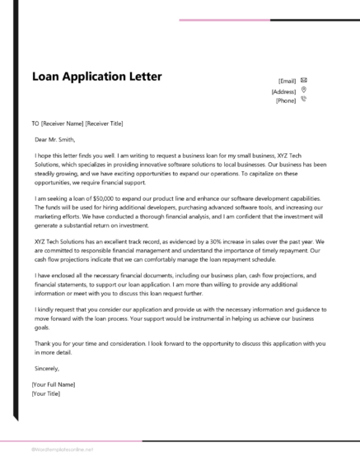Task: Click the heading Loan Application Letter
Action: [96, 77]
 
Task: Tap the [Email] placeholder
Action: [287, 81]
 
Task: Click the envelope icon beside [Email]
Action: [304, 80]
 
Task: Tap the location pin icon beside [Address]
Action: [304, 90]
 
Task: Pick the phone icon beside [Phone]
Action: [304, 100]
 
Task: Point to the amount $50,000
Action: [113, 177]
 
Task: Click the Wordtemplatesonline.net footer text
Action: [62, 449]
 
